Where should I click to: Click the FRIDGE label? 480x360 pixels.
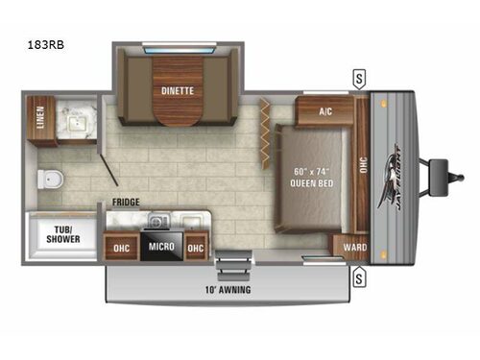(127, 203)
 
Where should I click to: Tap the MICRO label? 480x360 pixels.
(161, 246)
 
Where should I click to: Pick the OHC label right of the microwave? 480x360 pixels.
(196, 247)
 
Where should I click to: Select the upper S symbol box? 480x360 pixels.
(359, 76)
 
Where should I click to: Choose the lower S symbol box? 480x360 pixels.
(359, 279)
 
